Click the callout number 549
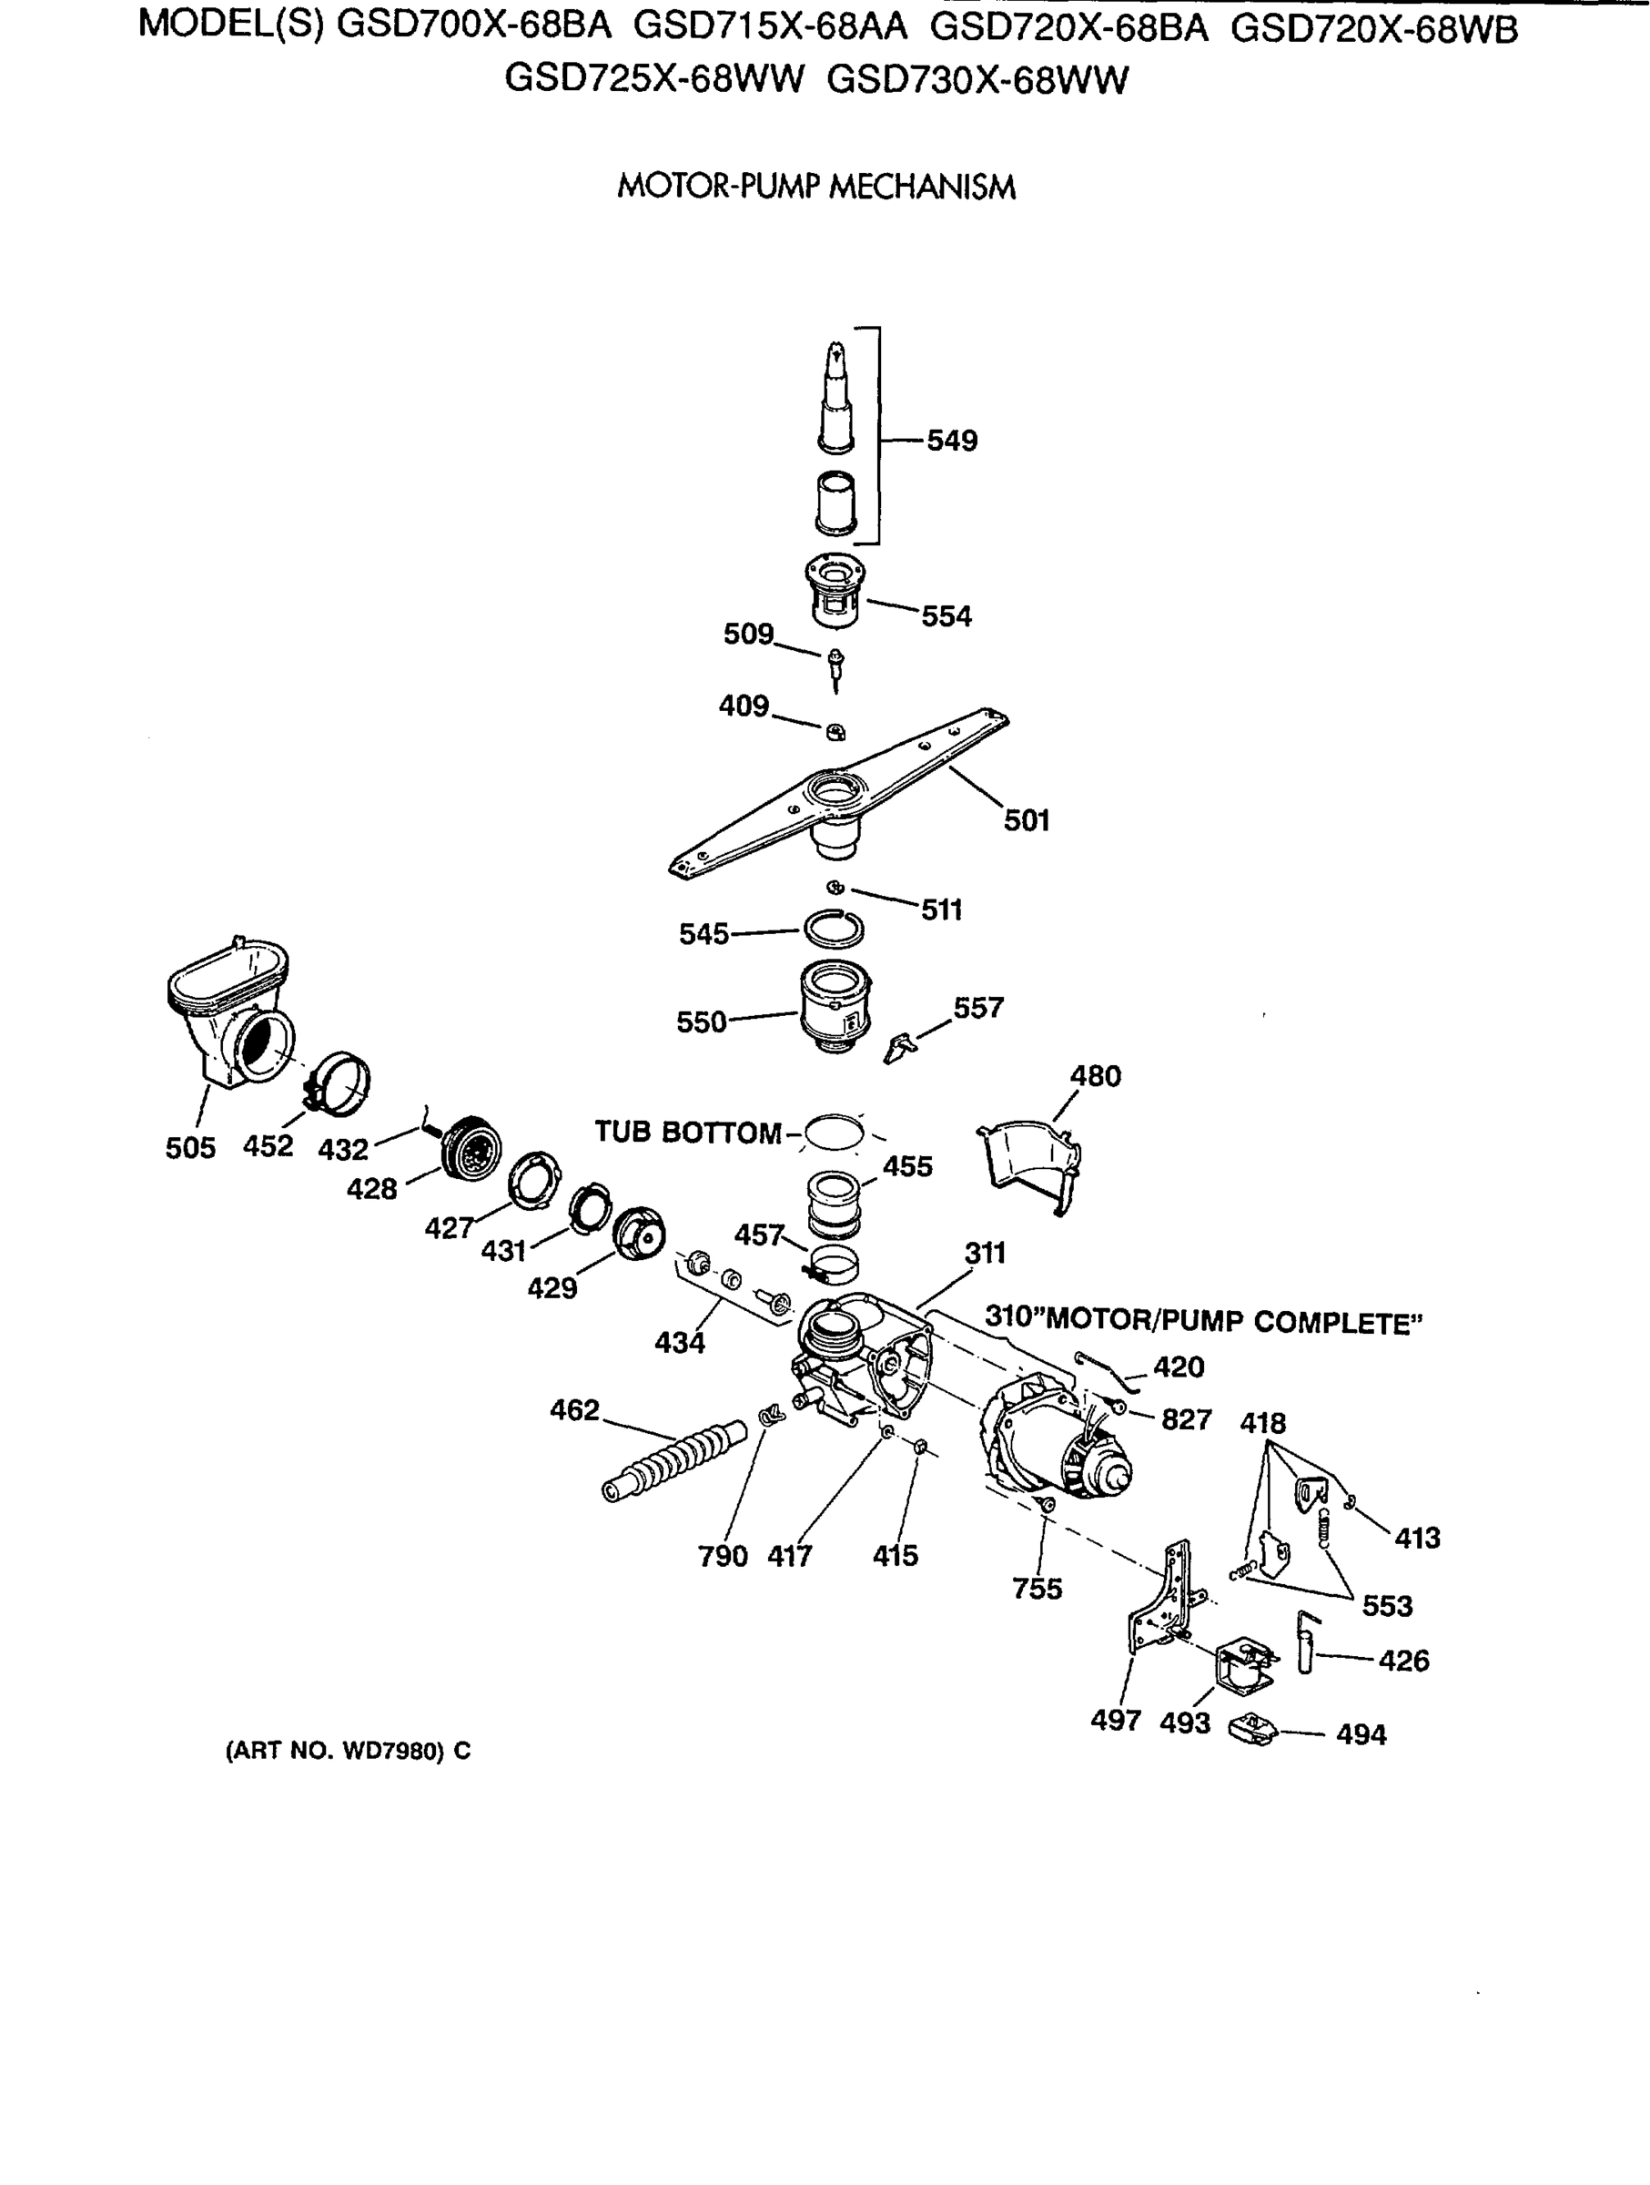tap(951, 441)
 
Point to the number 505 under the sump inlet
tap(189, 1148)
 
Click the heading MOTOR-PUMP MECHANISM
tap(815, 187)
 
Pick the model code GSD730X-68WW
tap(977, 80)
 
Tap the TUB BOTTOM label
tap(687, 1132)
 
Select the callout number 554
tap(946, 616)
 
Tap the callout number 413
tap(1416, 1537)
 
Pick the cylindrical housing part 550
tap(835, 1007)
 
